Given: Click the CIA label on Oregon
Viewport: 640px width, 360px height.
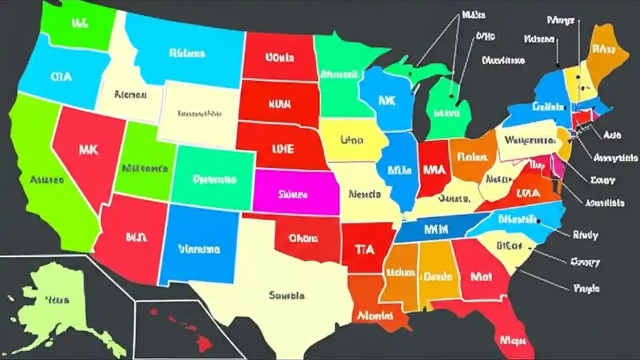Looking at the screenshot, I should click(61, 77).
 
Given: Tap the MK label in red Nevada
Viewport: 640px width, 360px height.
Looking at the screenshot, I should click(88, 149).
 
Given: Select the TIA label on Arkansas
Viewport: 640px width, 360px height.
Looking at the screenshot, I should click(364, 249).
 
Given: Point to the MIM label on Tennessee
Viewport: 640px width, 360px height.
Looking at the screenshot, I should click(436, 229).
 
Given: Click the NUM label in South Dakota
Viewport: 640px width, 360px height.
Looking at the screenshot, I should click(280, 105).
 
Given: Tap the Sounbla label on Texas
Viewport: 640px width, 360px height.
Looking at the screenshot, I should click(286, 295).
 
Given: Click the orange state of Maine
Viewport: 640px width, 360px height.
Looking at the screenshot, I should click(604, 50).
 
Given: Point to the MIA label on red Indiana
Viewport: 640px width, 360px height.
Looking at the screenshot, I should click(433, 170).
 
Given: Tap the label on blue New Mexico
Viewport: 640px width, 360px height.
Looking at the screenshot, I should click(199, 248).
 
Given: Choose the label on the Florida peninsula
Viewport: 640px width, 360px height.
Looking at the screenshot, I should click(513, 340).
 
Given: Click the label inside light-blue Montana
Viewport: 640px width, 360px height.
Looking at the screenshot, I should click(187, 53).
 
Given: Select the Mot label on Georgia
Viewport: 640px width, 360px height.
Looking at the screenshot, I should click(481, 276).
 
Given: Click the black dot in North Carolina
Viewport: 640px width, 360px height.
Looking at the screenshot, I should click(538, 220).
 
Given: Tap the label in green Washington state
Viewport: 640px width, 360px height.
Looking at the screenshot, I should click(80, 23).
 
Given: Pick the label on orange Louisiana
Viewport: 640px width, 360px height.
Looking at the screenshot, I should click(375, 316).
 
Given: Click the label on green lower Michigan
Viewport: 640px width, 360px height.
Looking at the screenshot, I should click(446, 113).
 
